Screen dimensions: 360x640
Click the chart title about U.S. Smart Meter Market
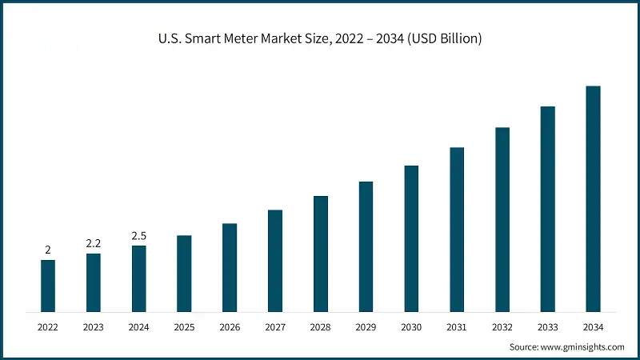click(320, 38)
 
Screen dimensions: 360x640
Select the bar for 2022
click(48, 286)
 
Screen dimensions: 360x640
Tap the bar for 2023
click(94, 282)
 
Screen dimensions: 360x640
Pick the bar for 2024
click(138, 278)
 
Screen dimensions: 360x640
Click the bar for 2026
click(230, 267)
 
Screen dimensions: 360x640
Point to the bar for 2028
click(320, 254)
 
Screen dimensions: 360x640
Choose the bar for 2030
click(411, 238)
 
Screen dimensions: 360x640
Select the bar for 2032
click(502, 219)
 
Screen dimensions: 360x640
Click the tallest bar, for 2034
click(593, 198)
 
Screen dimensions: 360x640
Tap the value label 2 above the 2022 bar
click(48, 250)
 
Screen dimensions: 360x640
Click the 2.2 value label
click(94, 243)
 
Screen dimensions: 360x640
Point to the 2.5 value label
click(138, 235)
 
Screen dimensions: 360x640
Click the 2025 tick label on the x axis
click(184, 327)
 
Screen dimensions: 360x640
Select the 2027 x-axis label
click(274, 327)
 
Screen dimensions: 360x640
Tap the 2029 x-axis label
click(366, 327)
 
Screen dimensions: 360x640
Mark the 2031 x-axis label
click(457, 327)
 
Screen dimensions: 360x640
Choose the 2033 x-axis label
click(547, 327)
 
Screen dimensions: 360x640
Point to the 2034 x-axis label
click(593, 327)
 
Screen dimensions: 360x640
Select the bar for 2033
click(547, 209)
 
